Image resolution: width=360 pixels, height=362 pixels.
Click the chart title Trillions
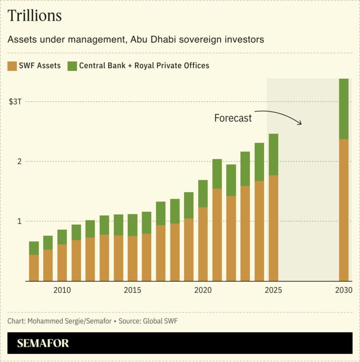click(x=35, y=16)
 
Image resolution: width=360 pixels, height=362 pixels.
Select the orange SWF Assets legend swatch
click(x=13, y=66)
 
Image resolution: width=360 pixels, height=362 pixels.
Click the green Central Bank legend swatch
click(x=72, y=66)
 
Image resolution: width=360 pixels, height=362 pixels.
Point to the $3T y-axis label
click(x=15, y=102)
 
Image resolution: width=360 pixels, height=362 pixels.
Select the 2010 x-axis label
click(x=62, y=290)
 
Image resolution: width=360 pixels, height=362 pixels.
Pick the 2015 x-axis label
click(x=132, y=290)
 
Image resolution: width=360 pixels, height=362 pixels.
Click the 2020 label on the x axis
click(x=203, y=290)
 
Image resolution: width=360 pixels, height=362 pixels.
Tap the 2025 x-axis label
click(x=273, y=290)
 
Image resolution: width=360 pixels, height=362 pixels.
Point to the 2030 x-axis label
click(x=343, y=290)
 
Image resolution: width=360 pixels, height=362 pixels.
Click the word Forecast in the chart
click(x=233, y=118)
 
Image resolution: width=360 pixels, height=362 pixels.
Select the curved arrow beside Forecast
click(x=279, y=115)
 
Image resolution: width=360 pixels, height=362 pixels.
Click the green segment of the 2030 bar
click(x=343, y=109)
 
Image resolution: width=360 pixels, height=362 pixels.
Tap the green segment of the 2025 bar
click(x=273, y=154)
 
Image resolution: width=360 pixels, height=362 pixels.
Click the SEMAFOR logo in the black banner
click(x=43, y=344)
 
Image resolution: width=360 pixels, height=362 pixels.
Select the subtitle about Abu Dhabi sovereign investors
click(x=136, y=39)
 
